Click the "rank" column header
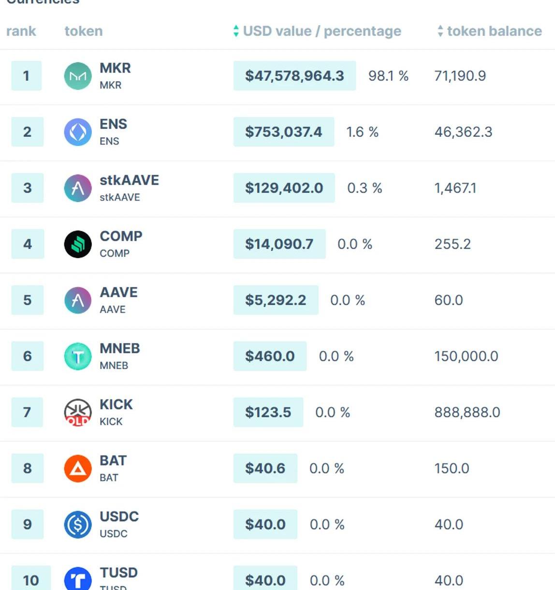coord(21,31)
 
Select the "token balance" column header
coord(494,31)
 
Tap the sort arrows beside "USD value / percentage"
coord(236,31)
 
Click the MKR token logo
coord(78,76)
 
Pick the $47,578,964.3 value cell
coord(294,75)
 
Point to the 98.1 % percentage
coord(388,75)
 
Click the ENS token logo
coord(78,132)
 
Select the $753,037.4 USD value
coord(283,132)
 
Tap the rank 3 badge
coord(28,188)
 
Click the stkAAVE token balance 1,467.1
coord(455,188)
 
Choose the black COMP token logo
coord(78,244)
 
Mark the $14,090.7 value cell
coord(279,244)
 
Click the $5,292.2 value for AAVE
coord(276,300)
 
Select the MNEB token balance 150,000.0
coord(466,356)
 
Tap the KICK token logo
coord(78,413)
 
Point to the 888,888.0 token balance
coord(467,412)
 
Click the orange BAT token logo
coord(78,469)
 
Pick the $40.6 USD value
coord(265,468)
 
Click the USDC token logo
coord(78,525)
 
